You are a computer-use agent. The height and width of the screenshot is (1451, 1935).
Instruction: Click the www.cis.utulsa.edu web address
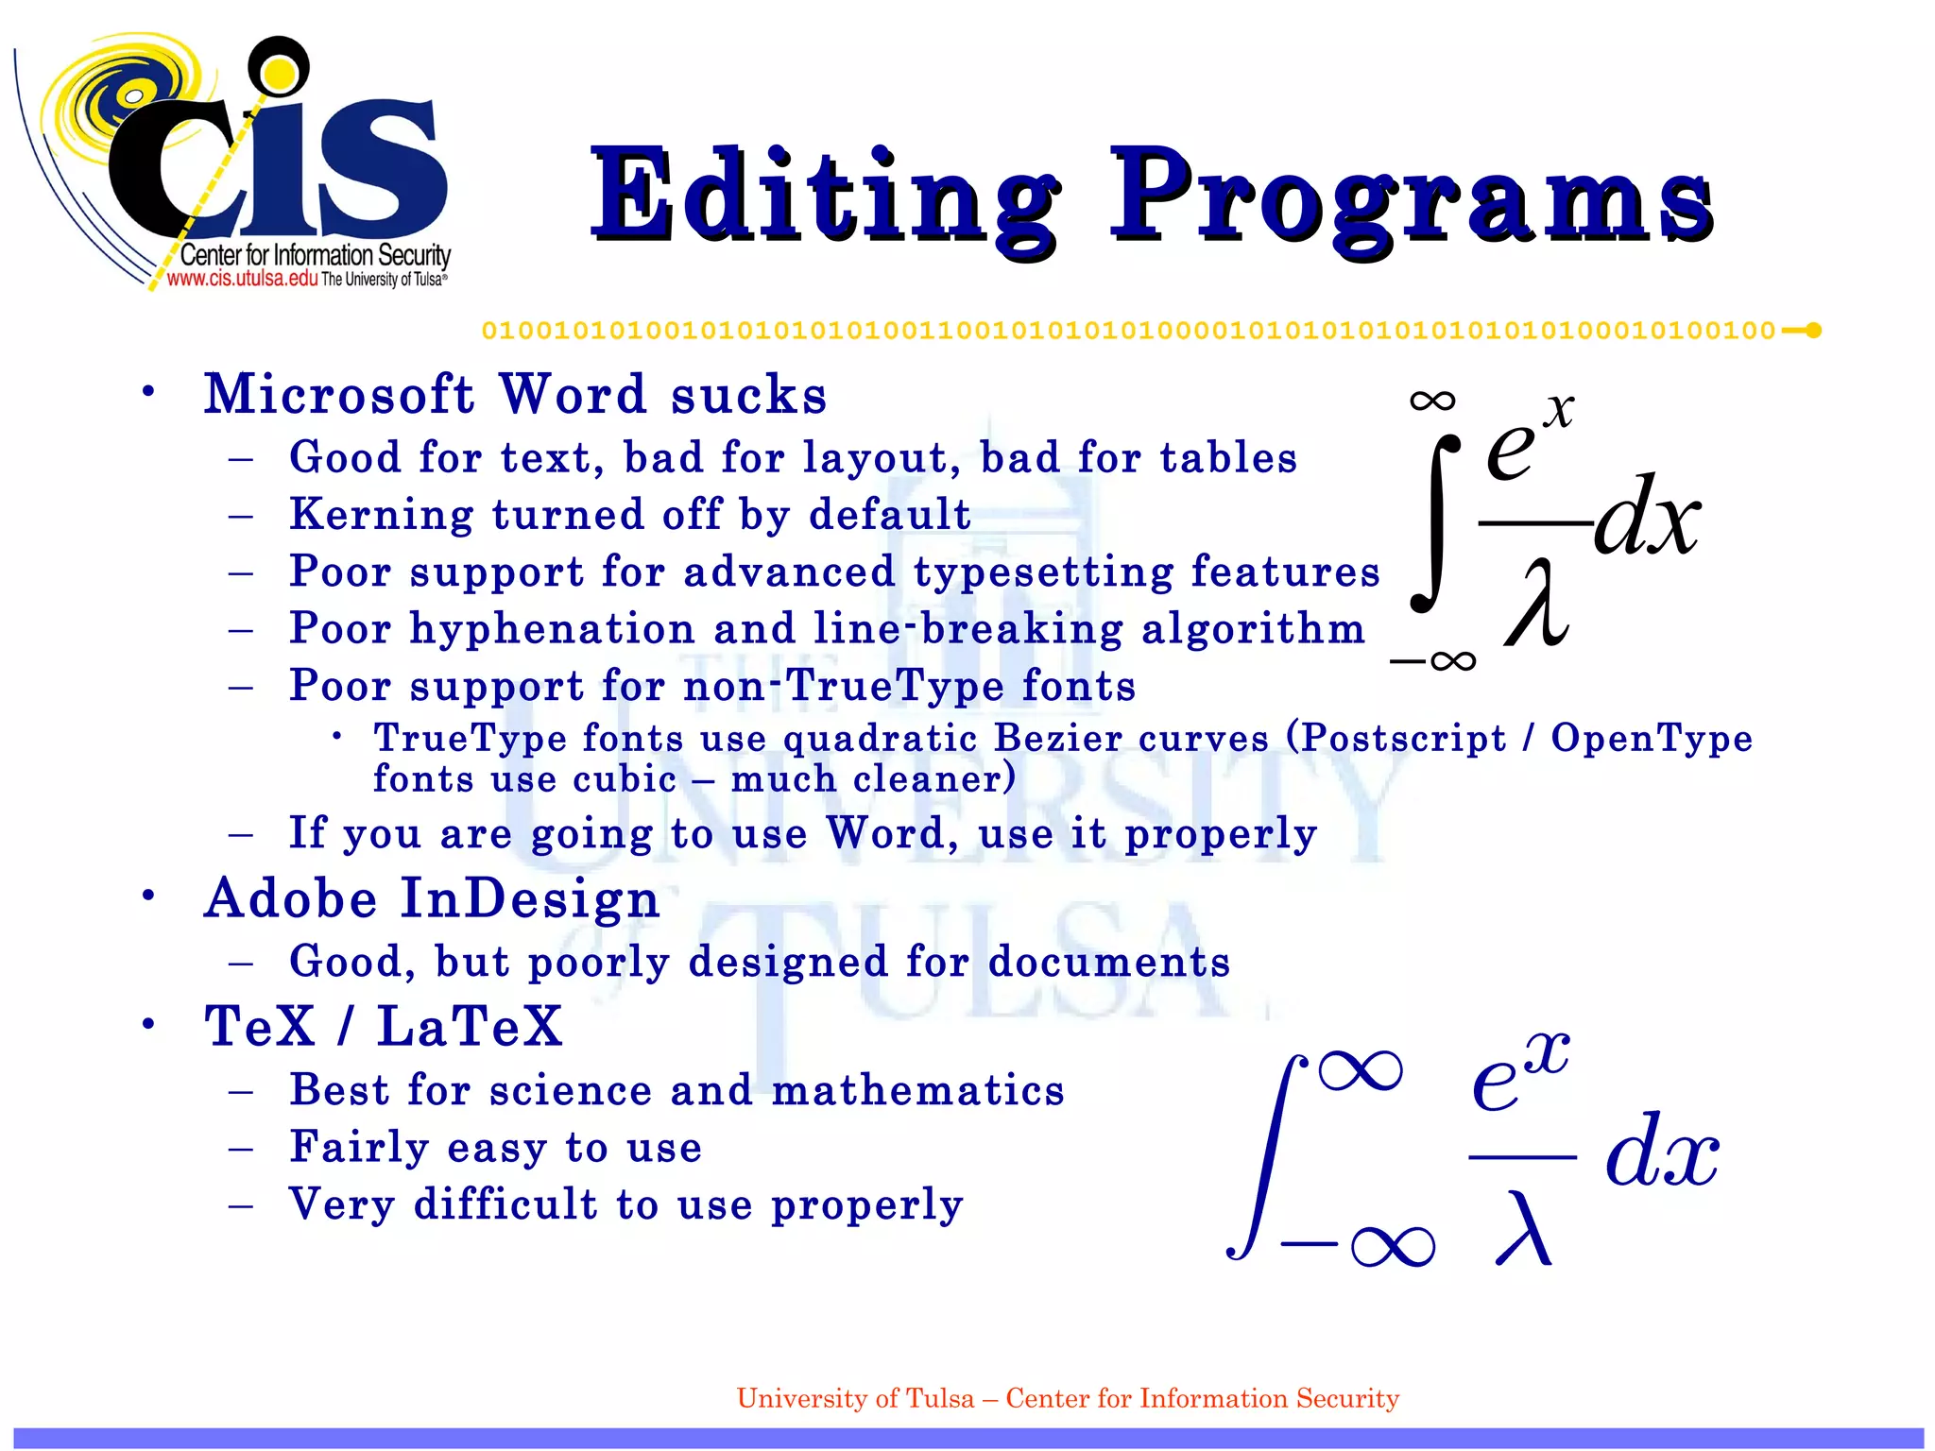click(242, 279)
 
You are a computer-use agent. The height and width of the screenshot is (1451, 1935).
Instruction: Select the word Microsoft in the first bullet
click(339, 394)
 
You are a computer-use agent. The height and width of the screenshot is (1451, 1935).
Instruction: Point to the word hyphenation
click(552, 629)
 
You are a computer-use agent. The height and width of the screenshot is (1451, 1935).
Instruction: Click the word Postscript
click(1403, 738)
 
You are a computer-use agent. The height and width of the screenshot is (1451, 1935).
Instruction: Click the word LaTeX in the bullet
click(470, 1026)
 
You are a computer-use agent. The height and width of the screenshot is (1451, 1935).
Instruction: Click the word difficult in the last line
click(505, 1204)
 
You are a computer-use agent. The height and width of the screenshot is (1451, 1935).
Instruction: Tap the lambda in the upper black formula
click(1538, 602)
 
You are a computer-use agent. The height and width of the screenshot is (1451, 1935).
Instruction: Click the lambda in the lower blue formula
click(1523, 1227)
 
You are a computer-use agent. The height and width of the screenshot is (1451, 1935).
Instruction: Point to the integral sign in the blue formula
click(1266, 1157)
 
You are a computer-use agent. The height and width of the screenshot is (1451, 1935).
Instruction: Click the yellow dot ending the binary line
click(1813, 331)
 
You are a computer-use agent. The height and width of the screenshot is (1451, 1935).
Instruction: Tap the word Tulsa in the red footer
click(939, 1398)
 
